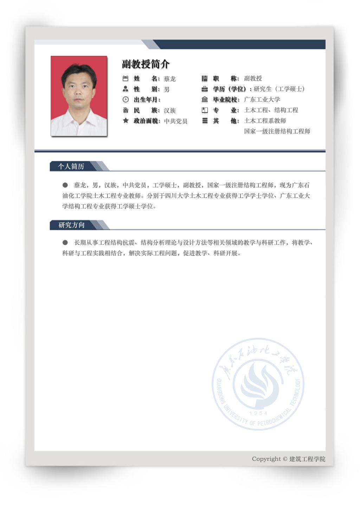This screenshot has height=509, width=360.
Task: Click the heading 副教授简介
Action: (146, 64)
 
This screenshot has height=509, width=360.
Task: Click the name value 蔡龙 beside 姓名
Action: (170, 79)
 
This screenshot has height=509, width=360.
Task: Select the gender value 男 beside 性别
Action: (167, 89)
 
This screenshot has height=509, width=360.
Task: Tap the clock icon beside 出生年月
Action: (126, 99)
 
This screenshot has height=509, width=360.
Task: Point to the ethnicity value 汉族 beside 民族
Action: (170, 110)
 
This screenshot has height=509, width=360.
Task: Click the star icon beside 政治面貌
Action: (126, 121)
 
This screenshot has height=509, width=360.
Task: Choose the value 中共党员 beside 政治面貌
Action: (175, 121)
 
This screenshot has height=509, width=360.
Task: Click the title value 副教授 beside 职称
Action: (253, 78)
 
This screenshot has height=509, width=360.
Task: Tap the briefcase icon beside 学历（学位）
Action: (205, 89)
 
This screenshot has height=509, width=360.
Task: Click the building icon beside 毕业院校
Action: (205, 99)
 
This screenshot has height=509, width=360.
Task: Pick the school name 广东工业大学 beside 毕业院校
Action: (262, 99)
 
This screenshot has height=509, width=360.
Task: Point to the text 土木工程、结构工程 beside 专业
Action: (271, 110)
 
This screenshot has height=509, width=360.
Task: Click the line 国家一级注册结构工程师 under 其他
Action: (277, 131)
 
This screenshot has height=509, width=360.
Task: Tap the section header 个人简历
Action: (71, 166)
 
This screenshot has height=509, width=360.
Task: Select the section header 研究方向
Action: (71, 225)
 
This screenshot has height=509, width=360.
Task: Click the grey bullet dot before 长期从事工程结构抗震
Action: (65, 243)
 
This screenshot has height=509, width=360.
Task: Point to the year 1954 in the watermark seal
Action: (258, 413)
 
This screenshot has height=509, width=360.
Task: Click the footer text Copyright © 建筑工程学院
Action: (288, 459)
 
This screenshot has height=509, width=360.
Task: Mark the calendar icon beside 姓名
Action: (126, 78)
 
